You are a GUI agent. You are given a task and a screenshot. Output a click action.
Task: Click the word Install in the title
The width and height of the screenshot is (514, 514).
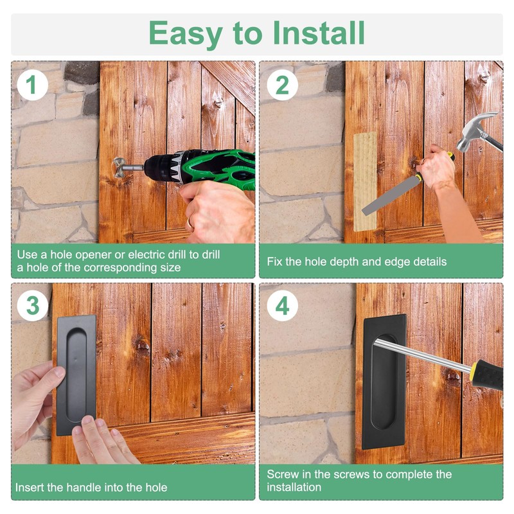click(319, 33)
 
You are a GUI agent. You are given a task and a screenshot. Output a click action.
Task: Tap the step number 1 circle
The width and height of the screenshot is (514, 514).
click(32, 85)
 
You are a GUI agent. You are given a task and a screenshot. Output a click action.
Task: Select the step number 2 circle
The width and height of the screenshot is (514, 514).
click(282, 85)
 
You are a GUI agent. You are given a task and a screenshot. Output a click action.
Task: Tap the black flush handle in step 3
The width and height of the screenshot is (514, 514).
click(76, 375)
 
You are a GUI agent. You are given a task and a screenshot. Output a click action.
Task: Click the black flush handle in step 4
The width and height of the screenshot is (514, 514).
click(384, 382)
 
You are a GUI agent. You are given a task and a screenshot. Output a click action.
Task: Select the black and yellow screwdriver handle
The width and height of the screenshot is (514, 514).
click(488, 375)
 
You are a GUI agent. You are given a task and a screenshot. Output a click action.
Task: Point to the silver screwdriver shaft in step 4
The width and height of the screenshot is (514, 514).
click(423, 355)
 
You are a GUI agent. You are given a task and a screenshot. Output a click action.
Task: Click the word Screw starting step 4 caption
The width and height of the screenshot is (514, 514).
click(281, 474)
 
